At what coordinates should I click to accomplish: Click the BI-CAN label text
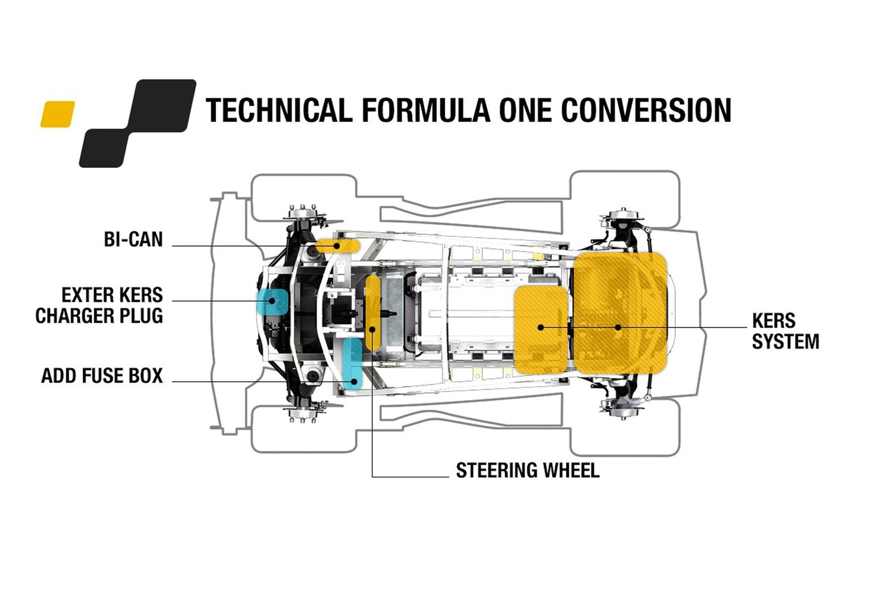click(133, 240)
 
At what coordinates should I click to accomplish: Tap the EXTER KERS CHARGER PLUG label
click(99, 305)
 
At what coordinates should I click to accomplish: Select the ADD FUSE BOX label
click(102, 376)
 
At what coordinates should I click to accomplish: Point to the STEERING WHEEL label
click(527, 471)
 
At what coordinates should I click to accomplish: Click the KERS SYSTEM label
click(785, 331)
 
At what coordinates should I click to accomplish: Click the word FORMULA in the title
click(426, 110)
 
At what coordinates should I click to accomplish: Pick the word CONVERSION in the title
click(646, 110)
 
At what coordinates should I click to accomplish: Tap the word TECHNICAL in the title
click(279, 110)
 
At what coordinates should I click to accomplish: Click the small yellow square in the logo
click(57, 114)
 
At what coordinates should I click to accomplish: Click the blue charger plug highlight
click(272, 301)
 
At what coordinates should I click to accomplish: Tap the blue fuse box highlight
click(353, 363)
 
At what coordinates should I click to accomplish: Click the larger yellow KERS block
click(620, 312)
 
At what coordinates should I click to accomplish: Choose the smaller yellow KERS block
click(541, 329)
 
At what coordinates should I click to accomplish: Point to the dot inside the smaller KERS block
click(541, 327)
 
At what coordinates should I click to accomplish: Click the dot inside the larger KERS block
click(618, 327)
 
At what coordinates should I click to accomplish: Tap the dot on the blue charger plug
click(272, 301)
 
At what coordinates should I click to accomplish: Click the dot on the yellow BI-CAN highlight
click(337, 246)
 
